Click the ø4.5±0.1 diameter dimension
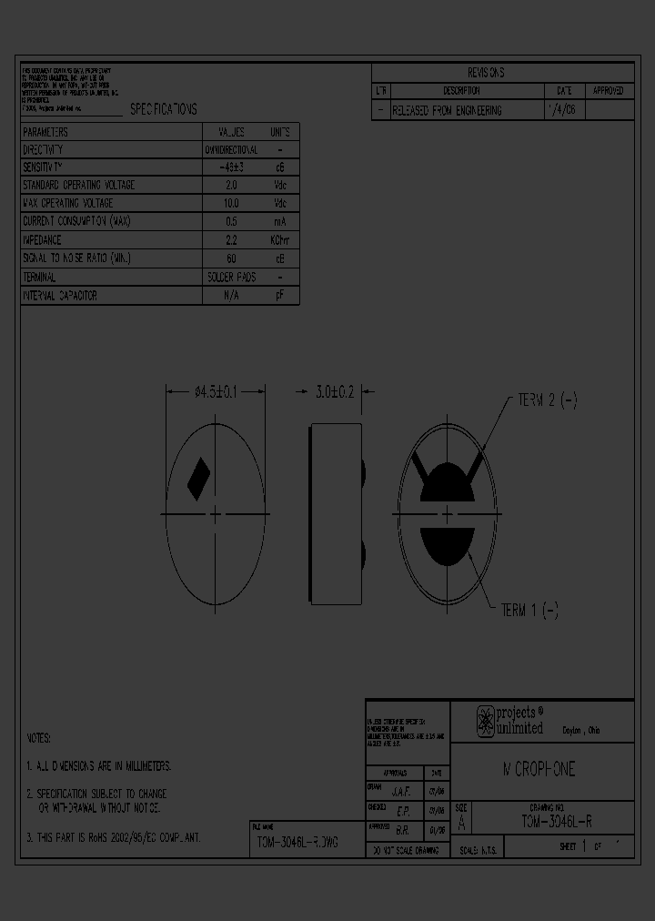(x=216, y=392)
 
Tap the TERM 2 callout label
(x=547, y=400)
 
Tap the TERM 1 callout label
(x=529, y=611)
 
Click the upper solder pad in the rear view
(x=446, y=482)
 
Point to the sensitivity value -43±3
(x=231, y=167)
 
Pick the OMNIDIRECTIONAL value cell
(x=231, y=149)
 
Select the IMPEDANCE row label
(x=42, y=240)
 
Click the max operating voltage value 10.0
(x=231, y=204)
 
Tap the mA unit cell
(x=279, y=222)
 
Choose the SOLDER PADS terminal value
(x=231, y=277)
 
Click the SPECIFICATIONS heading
(x=163, y=109)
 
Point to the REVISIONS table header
(x=486, y=73)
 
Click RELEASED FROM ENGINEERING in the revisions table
(x=447, y=110)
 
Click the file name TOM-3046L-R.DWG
(x=297, y=843)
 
